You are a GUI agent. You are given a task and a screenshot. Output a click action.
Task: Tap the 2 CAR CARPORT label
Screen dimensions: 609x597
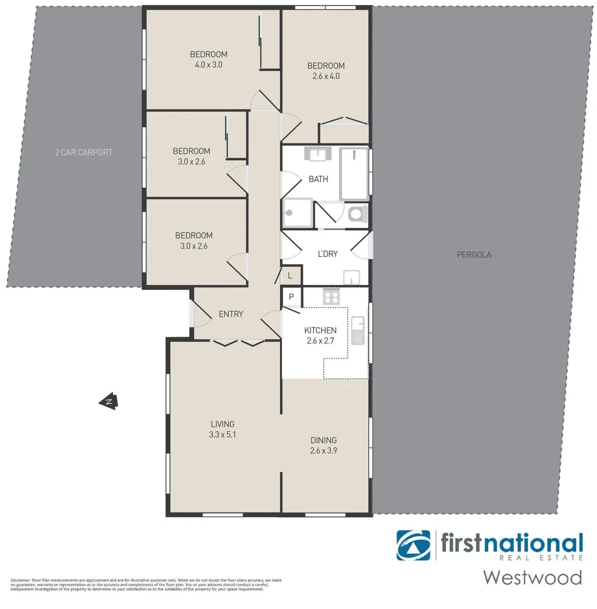coord(84,152)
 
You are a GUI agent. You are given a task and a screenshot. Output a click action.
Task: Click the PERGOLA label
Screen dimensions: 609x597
coord(474,254)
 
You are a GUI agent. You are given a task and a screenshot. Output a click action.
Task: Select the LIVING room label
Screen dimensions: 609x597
coord(223,424)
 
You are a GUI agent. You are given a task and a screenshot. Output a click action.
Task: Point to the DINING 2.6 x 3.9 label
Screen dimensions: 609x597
coord(324,445)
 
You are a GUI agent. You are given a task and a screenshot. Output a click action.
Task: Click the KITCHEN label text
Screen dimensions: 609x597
coord(320,330)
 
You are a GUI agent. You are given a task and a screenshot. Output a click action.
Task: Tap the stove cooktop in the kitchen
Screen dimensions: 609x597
coord(330,297)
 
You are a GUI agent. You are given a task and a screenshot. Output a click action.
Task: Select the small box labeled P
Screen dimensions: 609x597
coord(291,297)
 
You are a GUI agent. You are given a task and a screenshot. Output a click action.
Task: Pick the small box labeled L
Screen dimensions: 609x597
coord(290,276)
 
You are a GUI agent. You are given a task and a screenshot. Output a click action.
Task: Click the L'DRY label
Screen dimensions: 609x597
coord(328,254)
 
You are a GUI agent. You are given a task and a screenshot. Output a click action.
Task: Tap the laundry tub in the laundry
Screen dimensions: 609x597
coord(352,277)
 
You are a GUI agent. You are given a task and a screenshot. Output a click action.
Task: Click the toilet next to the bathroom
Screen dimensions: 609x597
coord(356,214)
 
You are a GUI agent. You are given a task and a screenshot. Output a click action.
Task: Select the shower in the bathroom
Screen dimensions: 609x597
coord(297,213)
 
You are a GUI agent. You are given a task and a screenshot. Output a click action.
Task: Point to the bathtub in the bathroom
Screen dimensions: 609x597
coord(354,173)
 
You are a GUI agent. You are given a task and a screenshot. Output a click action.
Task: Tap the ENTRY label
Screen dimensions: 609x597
coord(230,314)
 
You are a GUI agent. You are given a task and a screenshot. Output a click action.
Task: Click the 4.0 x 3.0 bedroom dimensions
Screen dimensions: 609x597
coord(208,64)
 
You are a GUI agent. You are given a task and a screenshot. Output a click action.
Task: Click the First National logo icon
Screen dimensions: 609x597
coord(413,545)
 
